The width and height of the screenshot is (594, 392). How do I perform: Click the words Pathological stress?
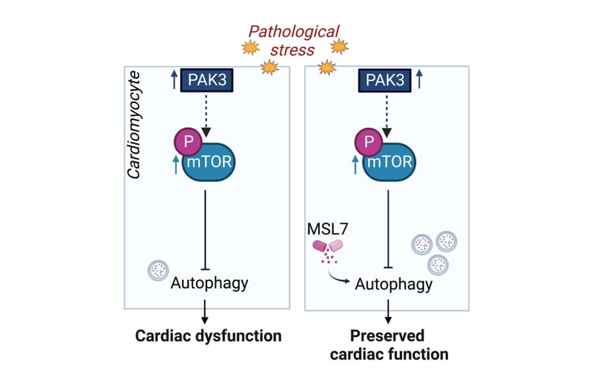click(x=294, y=40)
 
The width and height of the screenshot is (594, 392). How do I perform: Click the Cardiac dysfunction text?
click(x=209, y=336)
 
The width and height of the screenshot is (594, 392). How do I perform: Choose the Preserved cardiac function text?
click(x=387, y=344)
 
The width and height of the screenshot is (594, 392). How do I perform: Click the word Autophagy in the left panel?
click(x=209, y=283)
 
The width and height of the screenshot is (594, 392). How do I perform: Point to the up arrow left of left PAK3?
click(x=174, y=81)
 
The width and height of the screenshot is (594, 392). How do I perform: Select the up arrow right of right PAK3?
click(x=420, y=81)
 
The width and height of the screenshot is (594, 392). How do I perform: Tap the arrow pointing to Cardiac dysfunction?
click(x=207, y=311)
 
